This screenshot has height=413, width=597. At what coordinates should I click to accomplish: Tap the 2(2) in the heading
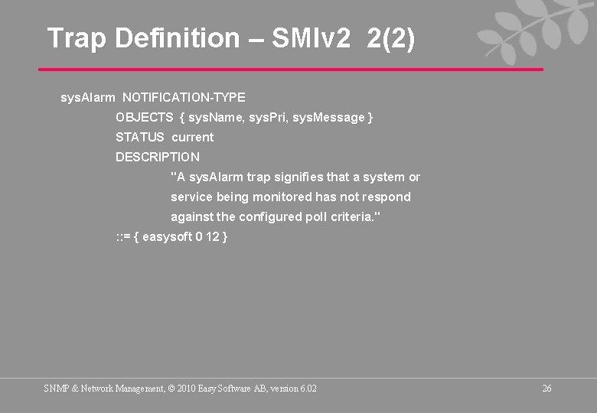point(391,38)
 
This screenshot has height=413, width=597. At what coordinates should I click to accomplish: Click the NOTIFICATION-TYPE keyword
point(184,97)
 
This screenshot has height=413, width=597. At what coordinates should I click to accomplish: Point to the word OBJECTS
point(144,117)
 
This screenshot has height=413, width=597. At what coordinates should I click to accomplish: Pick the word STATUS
point(139,137)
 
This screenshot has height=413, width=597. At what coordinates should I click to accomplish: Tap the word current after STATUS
point(193,137)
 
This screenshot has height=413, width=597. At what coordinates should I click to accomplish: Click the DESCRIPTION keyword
point(157,157)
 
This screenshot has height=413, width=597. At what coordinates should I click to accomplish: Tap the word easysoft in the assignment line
point(167,236)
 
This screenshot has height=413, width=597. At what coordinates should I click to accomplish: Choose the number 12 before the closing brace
point(212,236)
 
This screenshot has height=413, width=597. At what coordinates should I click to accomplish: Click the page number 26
point(546,389)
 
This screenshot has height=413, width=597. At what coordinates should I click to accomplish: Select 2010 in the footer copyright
point(186,389)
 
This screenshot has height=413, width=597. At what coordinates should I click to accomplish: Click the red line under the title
point(291,70)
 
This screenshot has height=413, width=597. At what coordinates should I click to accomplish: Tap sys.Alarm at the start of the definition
point(88,97)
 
